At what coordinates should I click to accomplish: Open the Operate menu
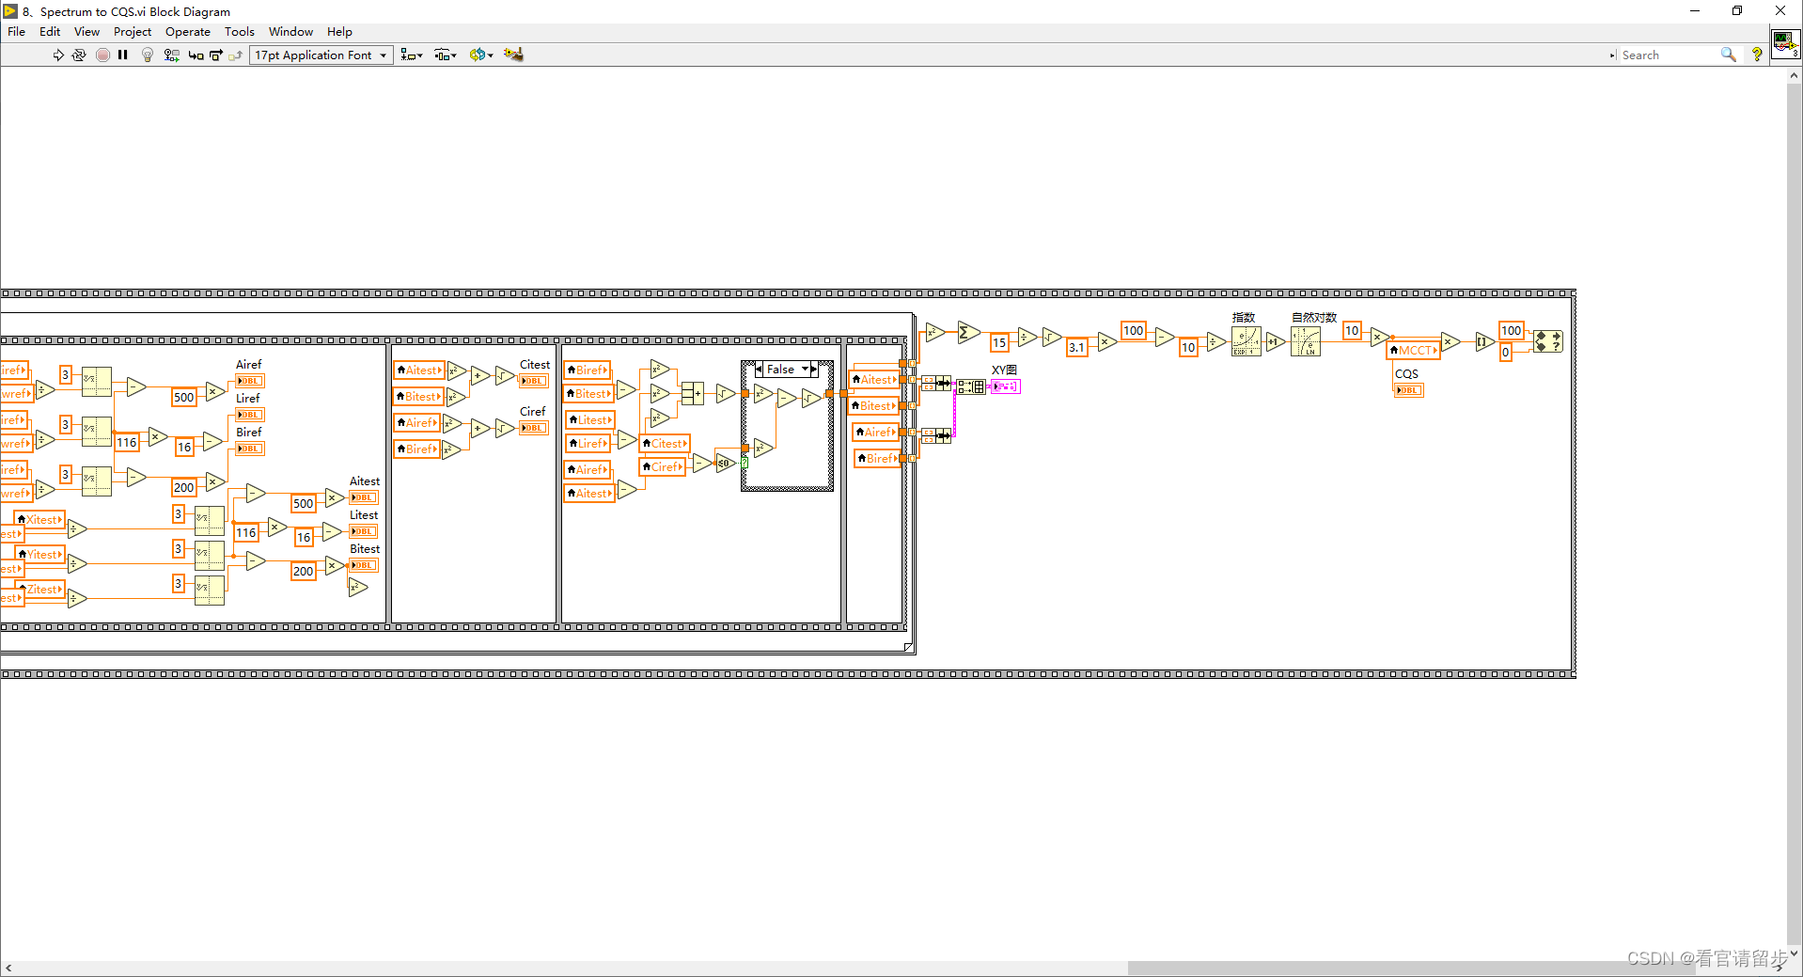pos(187,32)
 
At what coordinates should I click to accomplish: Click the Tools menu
pos(239,32)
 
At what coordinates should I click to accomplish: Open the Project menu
pos(133,32)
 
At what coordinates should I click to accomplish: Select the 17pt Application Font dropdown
pos(321,55)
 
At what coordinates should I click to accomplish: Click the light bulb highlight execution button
pos(148,55)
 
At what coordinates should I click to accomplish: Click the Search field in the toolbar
pos(1670,55)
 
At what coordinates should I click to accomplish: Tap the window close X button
pos(1779,11)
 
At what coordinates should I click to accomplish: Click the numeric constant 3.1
pos(1076,348)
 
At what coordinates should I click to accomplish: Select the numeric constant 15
pos(999,343)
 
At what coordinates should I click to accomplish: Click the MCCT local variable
pos(1415,351)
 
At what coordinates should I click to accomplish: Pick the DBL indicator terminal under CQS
pos(1408,390)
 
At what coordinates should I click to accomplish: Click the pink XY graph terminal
pos(1005,386)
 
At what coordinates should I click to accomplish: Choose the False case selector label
pos(781,370)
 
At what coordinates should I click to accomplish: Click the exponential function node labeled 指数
pos(1246,341)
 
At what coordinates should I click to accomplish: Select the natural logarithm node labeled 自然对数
pos(1306,341)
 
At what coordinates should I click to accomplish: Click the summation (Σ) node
pos(967,333)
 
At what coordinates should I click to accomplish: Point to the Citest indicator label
pos(535,365)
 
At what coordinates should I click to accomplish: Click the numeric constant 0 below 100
pos(1505,353)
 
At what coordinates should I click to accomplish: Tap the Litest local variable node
pos(590,420)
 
